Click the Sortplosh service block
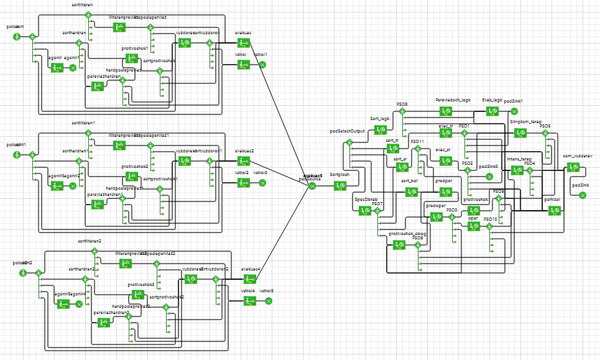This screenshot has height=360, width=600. click(339, 185)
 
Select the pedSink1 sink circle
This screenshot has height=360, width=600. click(514, 111)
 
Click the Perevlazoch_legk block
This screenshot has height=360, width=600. click(445, 111)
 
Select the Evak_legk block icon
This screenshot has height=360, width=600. click(492, 111)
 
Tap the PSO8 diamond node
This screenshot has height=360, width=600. click(402, 112)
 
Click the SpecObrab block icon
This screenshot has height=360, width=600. click(365, 210)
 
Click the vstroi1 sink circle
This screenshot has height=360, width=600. click(262, 65)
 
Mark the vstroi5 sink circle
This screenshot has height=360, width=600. click(269, 301)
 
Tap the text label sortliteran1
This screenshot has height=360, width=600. click(83, 123)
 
